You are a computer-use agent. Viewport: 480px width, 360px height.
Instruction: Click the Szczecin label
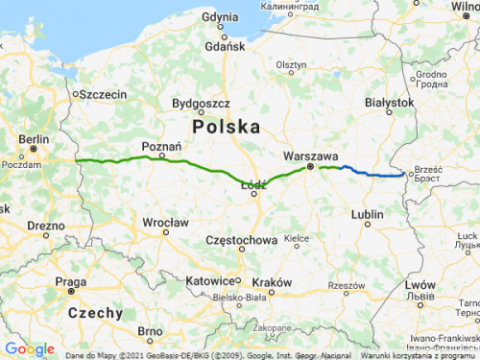click(x=104, y=94)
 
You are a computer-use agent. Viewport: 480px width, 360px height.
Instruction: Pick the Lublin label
click(x=368, y=215)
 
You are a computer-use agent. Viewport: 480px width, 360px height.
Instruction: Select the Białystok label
click(x=389, y=102)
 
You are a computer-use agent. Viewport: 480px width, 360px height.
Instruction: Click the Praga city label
click(x=71, y=281)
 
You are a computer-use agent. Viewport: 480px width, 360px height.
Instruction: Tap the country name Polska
click(x=227, y=127)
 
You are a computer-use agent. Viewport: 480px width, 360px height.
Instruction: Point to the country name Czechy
click(x=95, y=313)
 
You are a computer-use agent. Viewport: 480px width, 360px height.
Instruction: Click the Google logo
click(x=30, y=348)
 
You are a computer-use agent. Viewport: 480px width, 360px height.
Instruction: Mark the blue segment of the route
click(x=374, y=173)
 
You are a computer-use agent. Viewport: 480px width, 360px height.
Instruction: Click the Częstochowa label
click(x=243, y=239)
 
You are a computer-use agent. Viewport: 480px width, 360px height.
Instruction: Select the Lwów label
click(x=420, y=285)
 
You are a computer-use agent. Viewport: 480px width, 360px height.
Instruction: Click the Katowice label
click(x=212, y=280)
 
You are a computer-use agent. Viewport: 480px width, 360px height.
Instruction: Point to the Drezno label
click(x=46, y=225)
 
